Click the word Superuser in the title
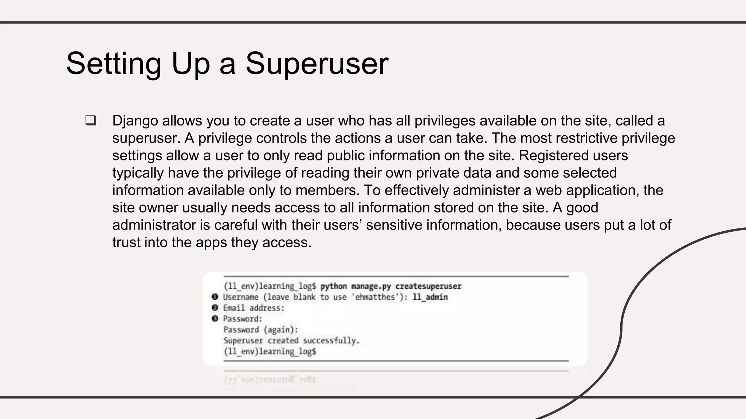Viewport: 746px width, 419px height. coord(317,64)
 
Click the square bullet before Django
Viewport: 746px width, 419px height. coord(91,120)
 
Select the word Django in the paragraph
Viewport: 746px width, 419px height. coord(135,121)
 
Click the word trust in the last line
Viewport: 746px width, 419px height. coord(126,243)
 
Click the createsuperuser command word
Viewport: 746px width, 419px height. coord(428,286)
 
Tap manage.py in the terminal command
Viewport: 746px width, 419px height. coord(371,286)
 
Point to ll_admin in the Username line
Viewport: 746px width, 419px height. coord(430,297)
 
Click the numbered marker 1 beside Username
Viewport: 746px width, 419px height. coord(215,297)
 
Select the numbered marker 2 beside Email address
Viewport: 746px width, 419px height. coord(215,308)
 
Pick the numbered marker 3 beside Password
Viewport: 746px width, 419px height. coord(215,319)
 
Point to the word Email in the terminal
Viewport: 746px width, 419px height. coord(234,308)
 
